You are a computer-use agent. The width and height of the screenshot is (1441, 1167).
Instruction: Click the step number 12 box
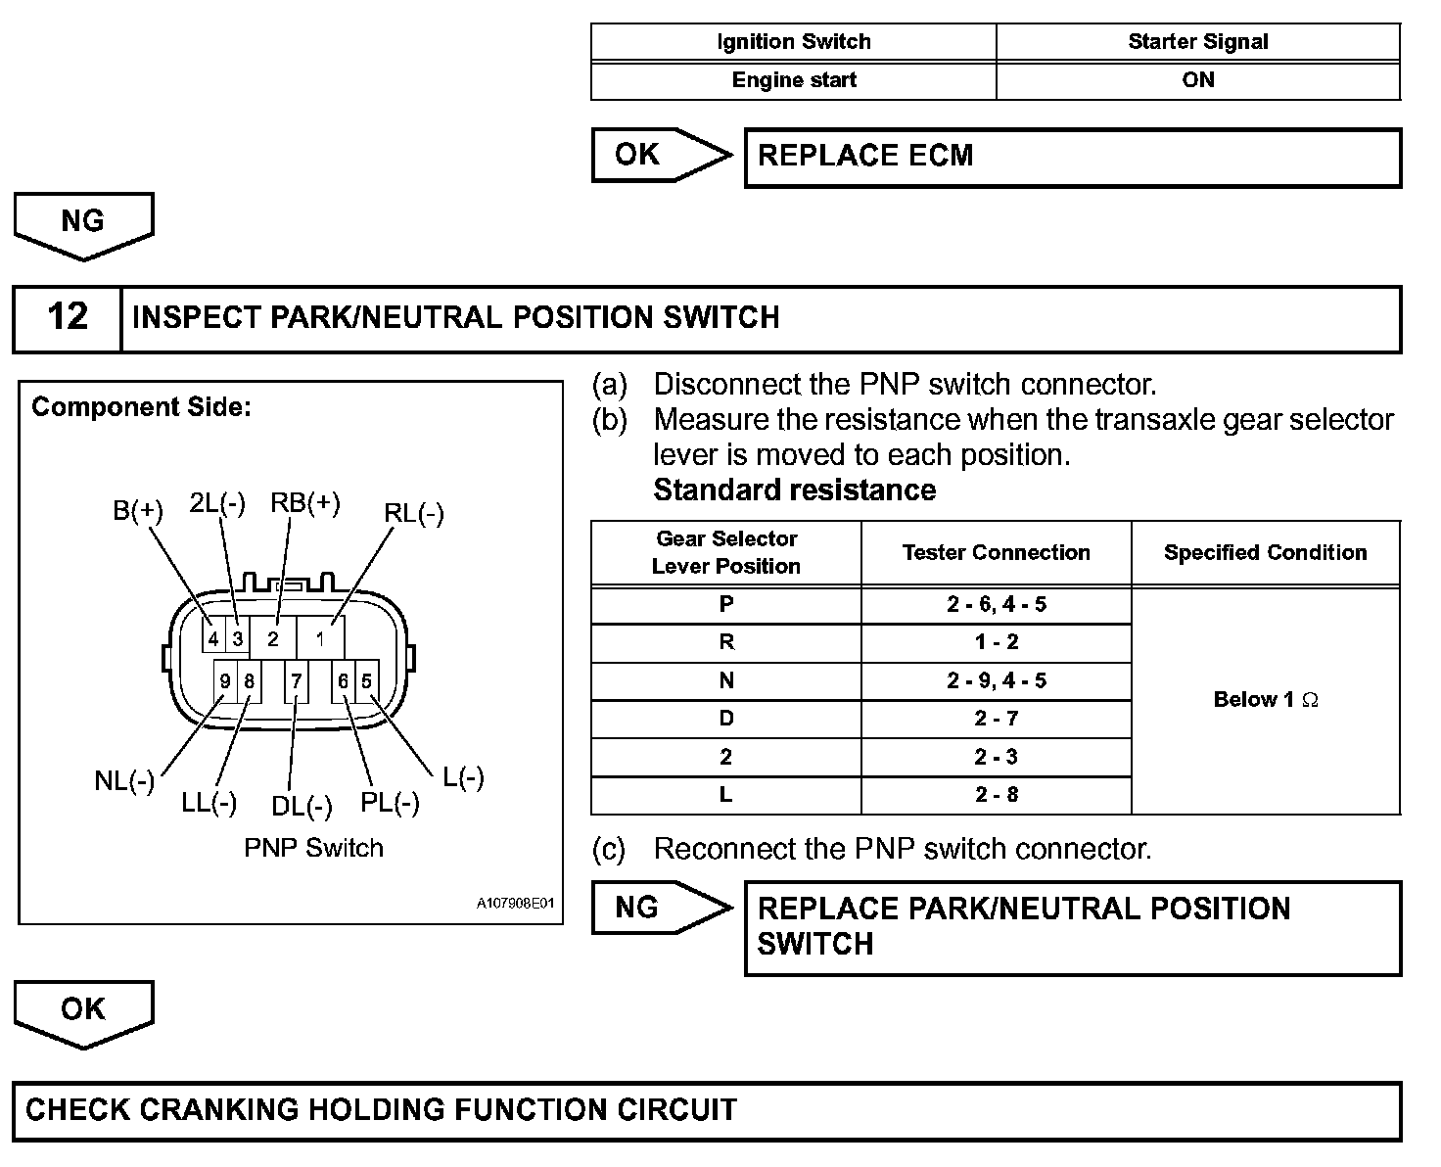click(67, 318)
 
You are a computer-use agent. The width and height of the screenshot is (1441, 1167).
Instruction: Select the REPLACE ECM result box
click(1072, 157)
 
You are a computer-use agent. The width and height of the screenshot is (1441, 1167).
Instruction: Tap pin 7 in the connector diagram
click(296, 681)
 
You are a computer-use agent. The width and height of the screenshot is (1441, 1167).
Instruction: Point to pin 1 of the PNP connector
click(320, 639)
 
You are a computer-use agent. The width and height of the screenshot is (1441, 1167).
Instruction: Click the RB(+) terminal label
click(305, 503)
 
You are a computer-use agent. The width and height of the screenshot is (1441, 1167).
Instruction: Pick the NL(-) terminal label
click(124, 781)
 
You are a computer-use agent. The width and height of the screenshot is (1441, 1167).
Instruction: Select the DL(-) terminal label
click(302, 807)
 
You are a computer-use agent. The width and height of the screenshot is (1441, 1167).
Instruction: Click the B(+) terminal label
click(138, 510)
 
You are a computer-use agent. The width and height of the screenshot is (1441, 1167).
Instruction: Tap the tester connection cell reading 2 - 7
click(996, 719)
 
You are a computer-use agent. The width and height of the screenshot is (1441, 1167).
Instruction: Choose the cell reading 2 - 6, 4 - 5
click(996, 604)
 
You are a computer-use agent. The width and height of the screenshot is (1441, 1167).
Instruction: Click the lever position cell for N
click(725, 680)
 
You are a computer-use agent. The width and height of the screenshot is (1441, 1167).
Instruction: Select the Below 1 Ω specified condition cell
click(1265, 699)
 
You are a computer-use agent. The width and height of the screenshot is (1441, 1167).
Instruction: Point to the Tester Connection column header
click(996, 552)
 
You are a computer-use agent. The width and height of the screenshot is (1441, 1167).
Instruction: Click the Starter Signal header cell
click(1197, 42)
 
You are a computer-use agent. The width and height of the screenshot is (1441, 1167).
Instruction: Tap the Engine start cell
click(793, 80)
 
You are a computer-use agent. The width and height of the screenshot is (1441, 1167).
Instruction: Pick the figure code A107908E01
click(515, 903)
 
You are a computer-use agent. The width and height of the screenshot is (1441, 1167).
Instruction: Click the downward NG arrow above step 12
click(83, 224)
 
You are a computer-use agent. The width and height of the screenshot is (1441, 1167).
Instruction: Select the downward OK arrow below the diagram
click(83, 1012)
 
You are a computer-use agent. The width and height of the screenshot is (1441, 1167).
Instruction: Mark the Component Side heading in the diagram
click(141, 407)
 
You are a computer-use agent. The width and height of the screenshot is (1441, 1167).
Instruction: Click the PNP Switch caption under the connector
click(313, 848)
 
